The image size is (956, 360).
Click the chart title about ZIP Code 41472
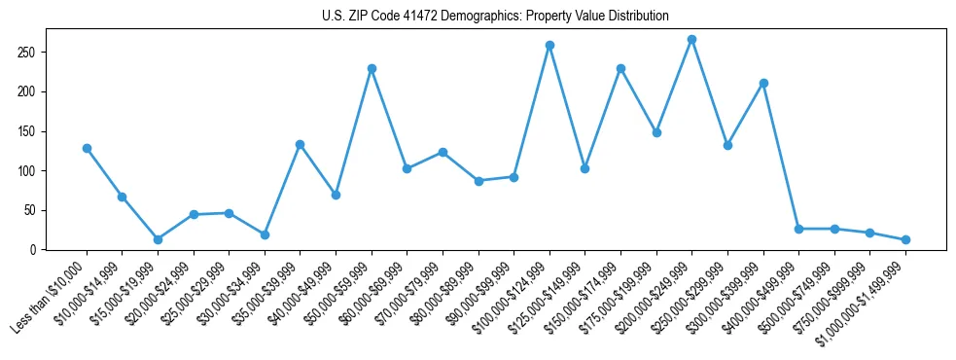(495, 16)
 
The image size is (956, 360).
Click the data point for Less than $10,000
(87, 148)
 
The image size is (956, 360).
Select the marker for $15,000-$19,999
(158, 239)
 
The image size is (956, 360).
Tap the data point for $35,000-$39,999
(300, 144)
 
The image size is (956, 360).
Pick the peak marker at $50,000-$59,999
(372, 68)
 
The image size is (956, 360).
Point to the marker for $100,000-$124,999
(549, 45)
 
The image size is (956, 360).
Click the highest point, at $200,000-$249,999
(691, 39)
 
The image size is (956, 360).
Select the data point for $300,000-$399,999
(763, 83)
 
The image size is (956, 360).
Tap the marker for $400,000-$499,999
(798, 229)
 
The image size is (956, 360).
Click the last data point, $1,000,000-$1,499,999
(905, 239)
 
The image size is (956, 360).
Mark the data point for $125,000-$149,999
(584, 168)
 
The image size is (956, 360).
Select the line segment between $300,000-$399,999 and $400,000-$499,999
(781, 156)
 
